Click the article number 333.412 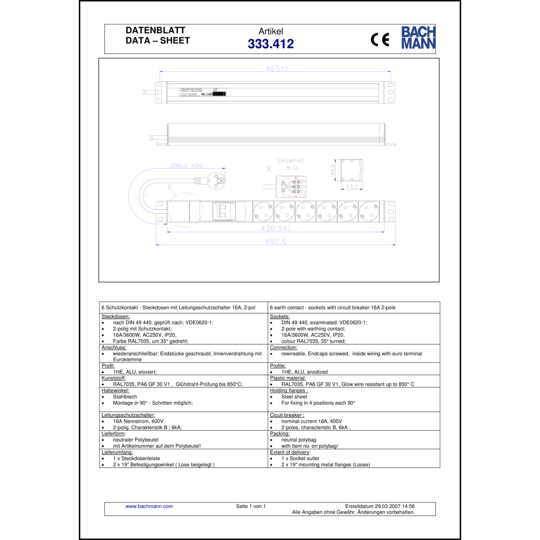[271, 44]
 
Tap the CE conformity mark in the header [380, 40]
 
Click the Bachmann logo [418, 37]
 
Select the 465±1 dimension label [277, 68]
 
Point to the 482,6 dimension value [276, 241]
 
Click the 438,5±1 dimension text [276, 228]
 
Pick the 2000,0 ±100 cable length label [186, 166]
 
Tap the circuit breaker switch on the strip [221, 211]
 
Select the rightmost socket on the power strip [369, 211]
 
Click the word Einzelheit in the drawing [291, 161]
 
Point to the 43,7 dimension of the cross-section [352, 187]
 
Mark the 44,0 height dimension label [333, 170]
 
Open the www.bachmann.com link [149, 506]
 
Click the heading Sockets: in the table [280, 316]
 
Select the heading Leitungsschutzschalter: [128, 415]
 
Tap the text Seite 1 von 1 [251, 506]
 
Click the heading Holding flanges [289, 391]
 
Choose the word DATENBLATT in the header [156, 30]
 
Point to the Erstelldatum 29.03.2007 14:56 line [380, 506]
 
